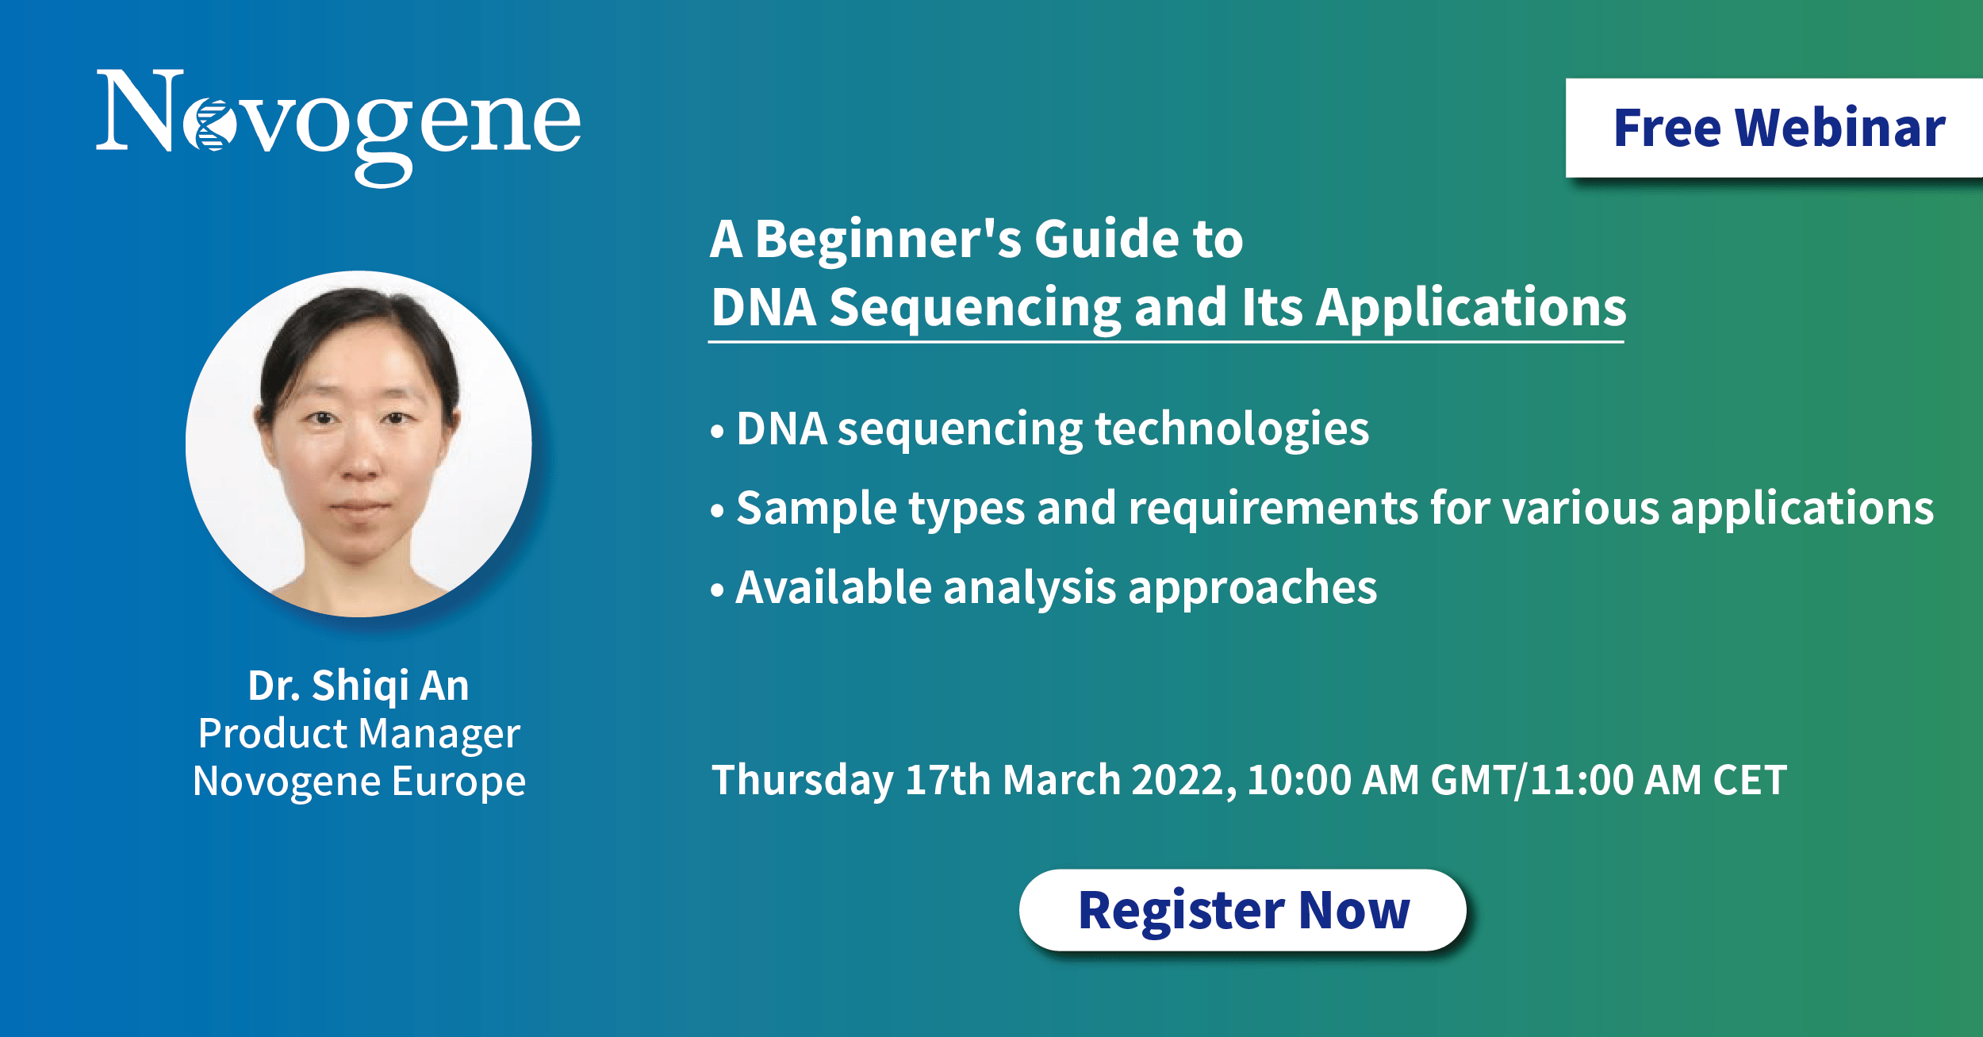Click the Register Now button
[x=1242, y=910]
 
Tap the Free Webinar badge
[x=1774, y=128]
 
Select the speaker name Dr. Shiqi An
[x=359, y=686]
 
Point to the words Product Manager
[x=359, y=734]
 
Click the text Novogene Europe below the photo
[x=359, y=782]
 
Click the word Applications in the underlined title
[x=1471, y=309]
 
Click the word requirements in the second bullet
[x=1273, y=509]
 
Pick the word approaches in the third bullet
[x=1252, y=589]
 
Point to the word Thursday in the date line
[x=803, y=781]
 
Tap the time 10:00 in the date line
[x=1299, y=781]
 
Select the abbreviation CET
[x=1750, y=781]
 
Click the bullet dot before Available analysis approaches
[x=718, y=590]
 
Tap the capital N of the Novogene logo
[x=140, y=110]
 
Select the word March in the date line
[x=1061, y=781]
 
